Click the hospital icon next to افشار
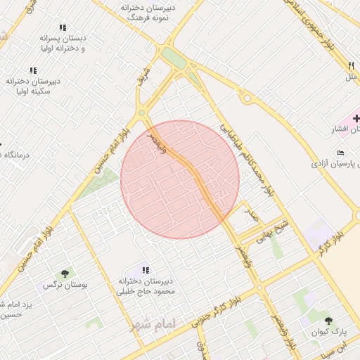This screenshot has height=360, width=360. tap(356, 118)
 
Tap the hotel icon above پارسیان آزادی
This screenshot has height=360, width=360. tap(341, 153)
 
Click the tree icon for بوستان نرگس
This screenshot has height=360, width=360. tap(65, 273)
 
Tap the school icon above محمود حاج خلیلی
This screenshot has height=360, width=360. tap(146, 269)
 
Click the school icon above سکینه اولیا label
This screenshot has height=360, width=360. tap(32, 70)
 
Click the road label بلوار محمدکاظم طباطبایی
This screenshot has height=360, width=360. tap(247, 162)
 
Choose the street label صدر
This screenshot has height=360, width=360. tap(251, 210)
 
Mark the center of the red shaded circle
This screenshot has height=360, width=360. tap(180, 179)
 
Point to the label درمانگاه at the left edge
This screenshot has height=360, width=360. tap(15, 155)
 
